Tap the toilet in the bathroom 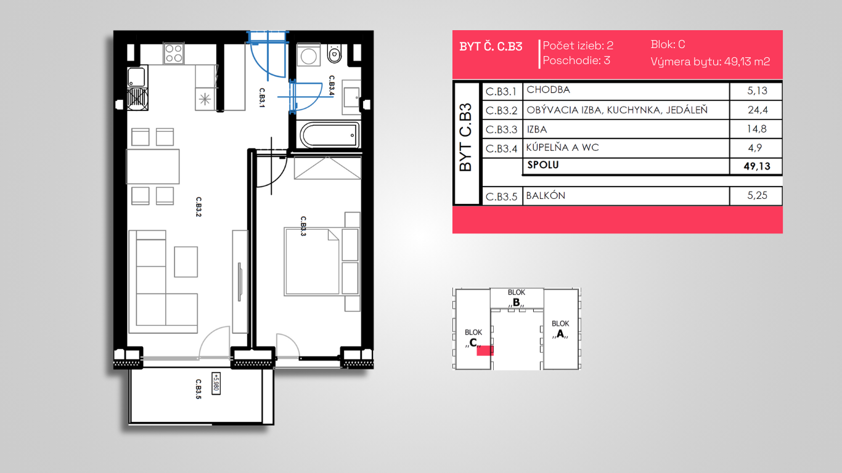[334, 54]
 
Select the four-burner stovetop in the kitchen [174, 54]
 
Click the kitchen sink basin [136, 77]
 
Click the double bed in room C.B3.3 [312, 262]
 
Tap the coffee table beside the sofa [186, 262]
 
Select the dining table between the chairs [153, 166]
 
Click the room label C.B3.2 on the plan [198, 207]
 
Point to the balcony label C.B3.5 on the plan [198, 389]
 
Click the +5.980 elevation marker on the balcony [216, 383]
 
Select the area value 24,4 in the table [758, 110]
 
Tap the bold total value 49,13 [757, 166]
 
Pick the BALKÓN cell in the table [546, 196]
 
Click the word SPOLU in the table [543, 164]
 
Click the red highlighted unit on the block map [485, 350]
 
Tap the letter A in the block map [560, 334]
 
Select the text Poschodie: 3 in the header [576, 60]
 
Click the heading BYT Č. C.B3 [491, 47]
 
